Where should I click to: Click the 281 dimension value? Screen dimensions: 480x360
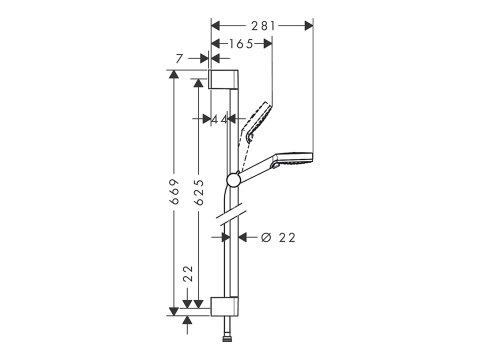click(x=263, y=26)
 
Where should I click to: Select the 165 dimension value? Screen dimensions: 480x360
click(x=241, y=44)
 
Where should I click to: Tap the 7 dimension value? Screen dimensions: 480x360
click(x=179, y=59)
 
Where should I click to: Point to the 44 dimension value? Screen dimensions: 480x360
click(x=220, y=119)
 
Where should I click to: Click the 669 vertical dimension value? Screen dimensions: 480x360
click(x=174, y=192)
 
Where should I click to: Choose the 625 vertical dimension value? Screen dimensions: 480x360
click(x=199, y=192)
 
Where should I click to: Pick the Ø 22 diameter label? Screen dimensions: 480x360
click(x=278, y=238)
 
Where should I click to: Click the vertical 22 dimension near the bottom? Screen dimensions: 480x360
click(x=189, y=273)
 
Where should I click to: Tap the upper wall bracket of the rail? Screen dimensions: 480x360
click(x=223, y=79)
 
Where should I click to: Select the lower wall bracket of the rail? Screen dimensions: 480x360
click(x=224, y=306)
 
